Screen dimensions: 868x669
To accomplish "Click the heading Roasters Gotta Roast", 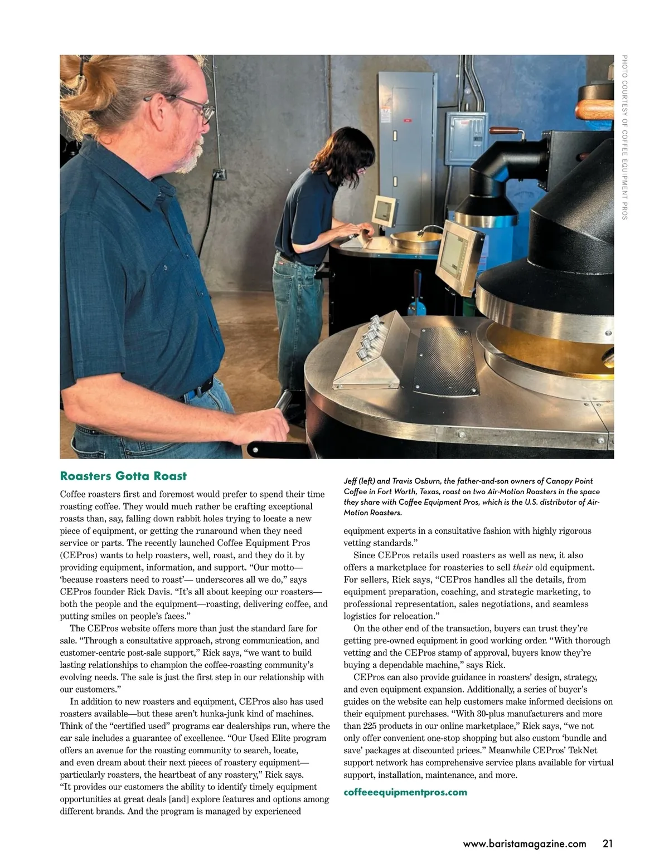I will [x=123, y=476].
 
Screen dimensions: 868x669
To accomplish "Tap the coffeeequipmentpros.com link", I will [x=405, y=792].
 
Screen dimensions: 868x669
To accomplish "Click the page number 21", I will [x=608, y=843].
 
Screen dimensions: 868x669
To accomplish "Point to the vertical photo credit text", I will [x=624, y=137].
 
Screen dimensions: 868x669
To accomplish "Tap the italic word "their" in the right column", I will [x=523, y=568].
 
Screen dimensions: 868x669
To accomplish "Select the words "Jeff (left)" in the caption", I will [x=360, y=481].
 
